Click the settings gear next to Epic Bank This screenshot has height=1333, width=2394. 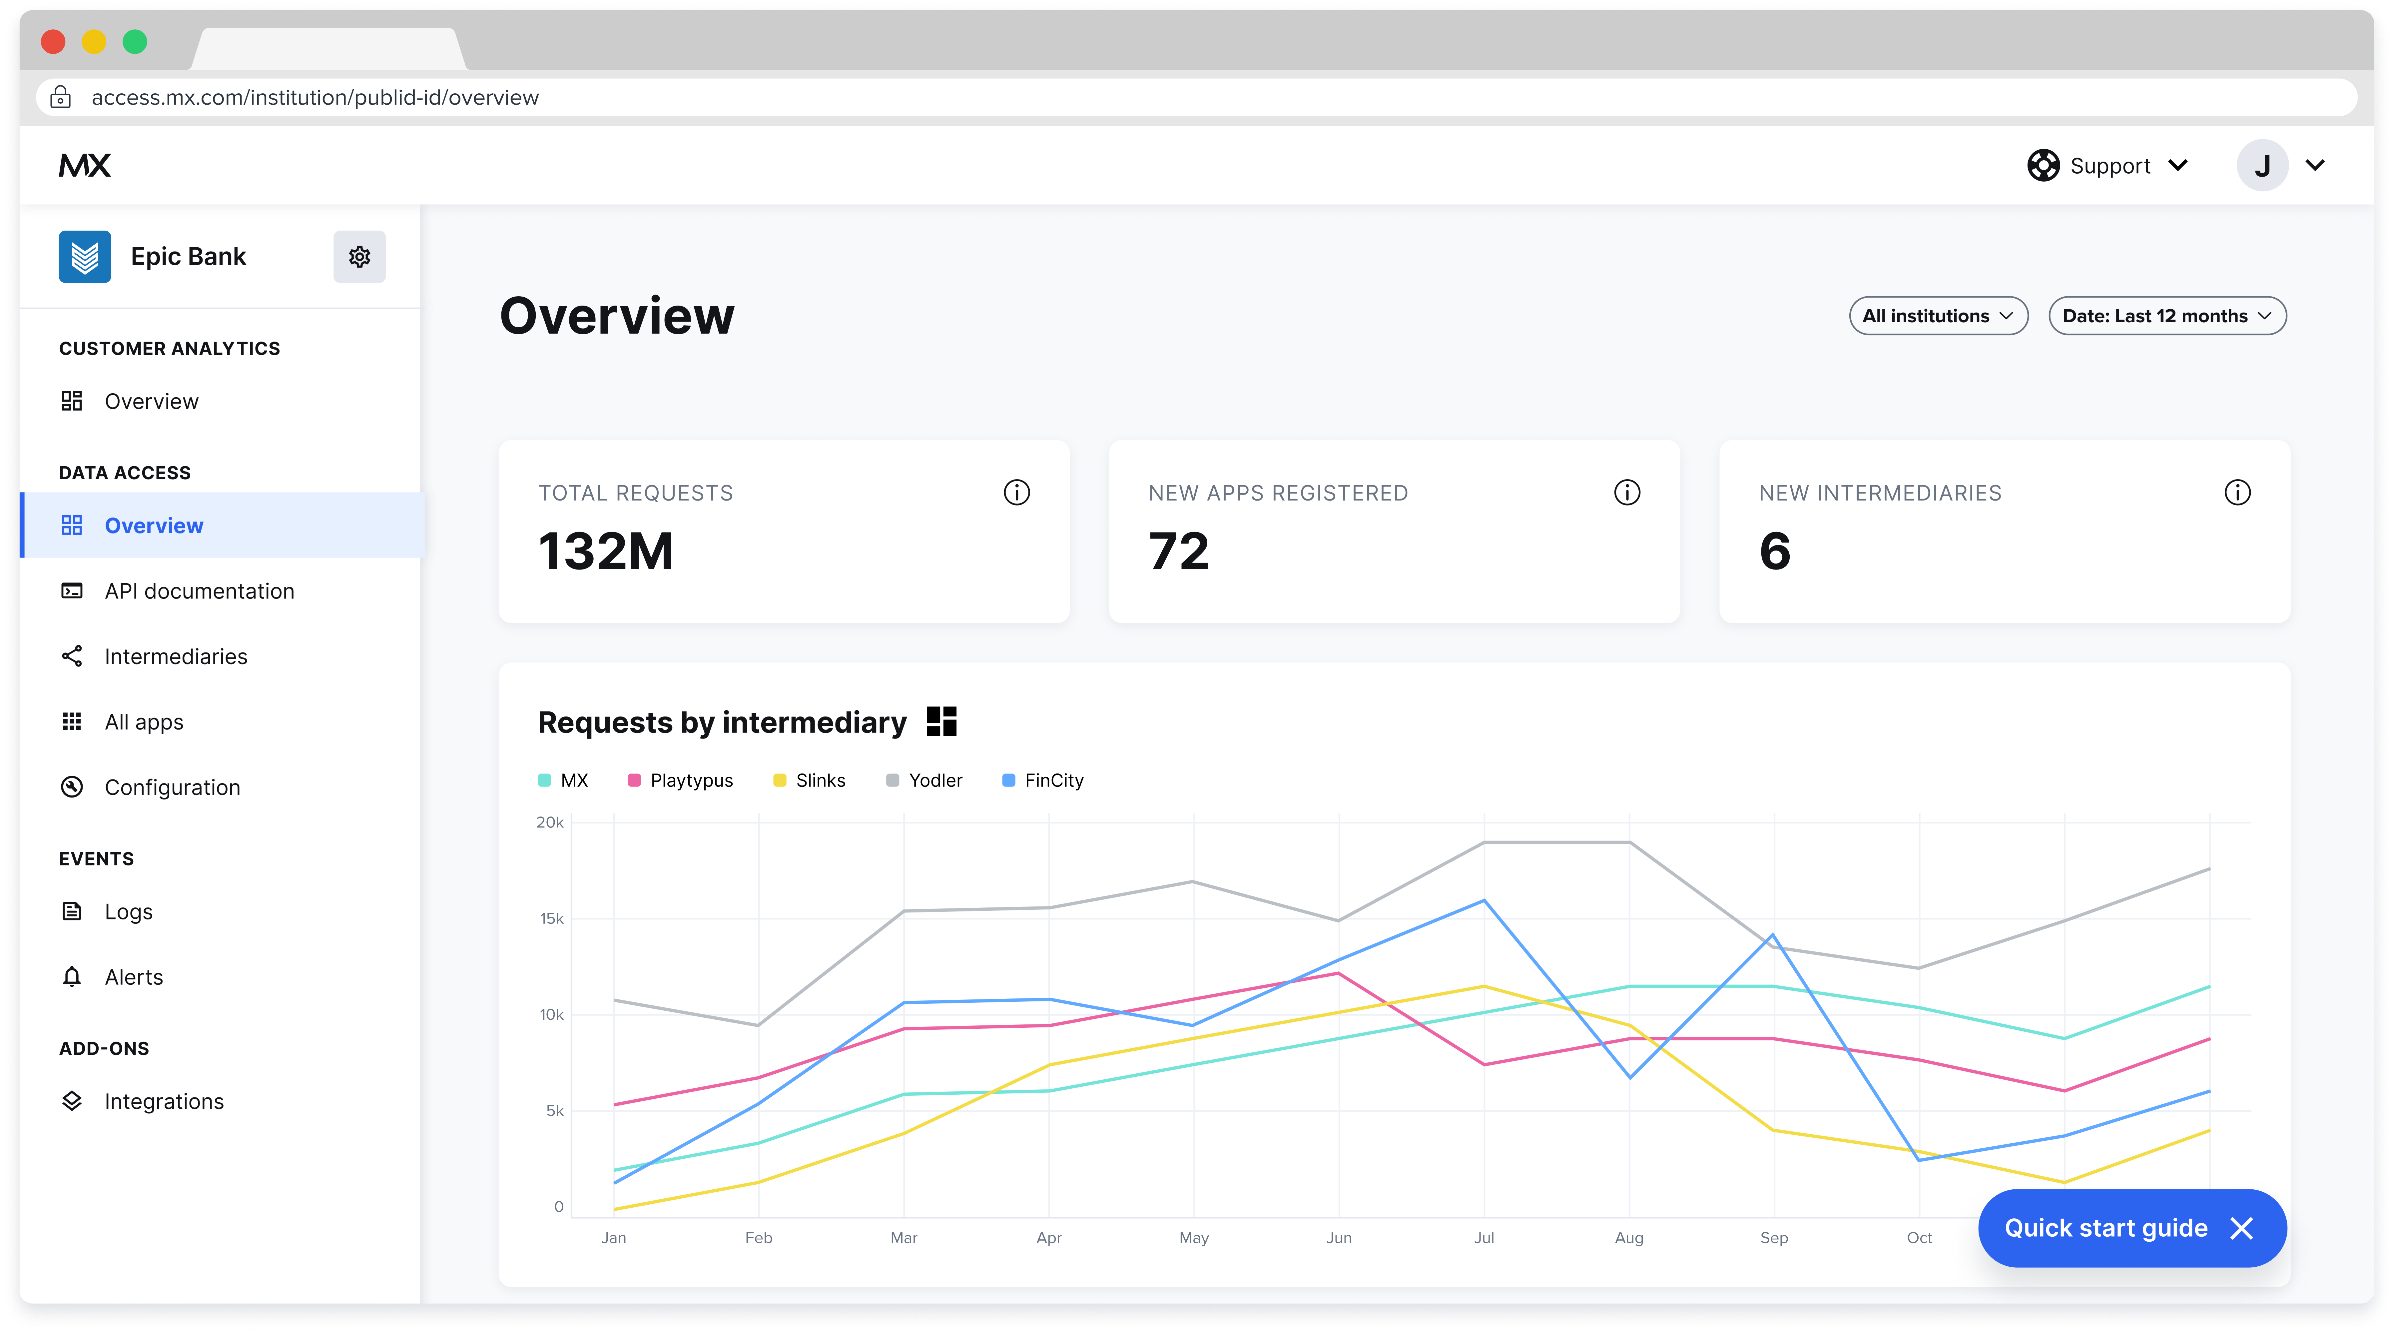(360, 257)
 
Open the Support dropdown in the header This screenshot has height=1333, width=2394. (2108, 166)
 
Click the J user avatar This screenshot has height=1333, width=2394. (2262, 166)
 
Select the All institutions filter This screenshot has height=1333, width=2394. (1938, 316)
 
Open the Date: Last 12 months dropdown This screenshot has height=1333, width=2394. (2166, 316)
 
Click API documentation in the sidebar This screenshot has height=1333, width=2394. (199, 591)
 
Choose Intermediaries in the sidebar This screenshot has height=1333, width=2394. (176, 656)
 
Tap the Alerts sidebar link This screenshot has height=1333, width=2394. (134, 977)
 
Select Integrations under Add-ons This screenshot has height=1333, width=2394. (164, 1101)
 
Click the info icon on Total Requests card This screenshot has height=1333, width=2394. (1017, 493)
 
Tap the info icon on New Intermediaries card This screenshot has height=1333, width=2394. (2237, 493)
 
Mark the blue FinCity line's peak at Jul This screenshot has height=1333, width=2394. (1484, 901)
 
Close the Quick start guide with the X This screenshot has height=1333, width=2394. (2242, 1229)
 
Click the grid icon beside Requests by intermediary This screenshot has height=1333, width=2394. (941, 721)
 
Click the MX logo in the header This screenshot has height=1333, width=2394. (85, 166)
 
